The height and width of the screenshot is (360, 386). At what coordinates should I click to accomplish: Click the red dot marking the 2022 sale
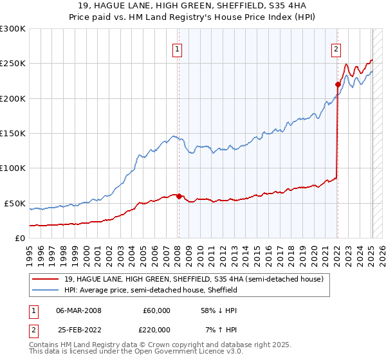338,84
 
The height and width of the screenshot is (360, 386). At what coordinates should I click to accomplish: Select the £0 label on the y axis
19,238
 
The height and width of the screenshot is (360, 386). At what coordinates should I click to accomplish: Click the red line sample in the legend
46,279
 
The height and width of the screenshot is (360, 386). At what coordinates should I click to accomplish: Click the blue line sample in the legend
46,290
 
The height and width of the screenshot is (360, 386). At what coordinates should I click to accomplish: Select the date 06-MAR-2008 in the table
78,310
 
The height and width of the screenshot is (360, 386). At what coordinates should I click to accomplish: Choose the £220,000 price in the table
157,329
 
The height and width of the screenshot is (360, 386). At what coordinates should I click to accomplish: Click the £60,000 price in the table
157,310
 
